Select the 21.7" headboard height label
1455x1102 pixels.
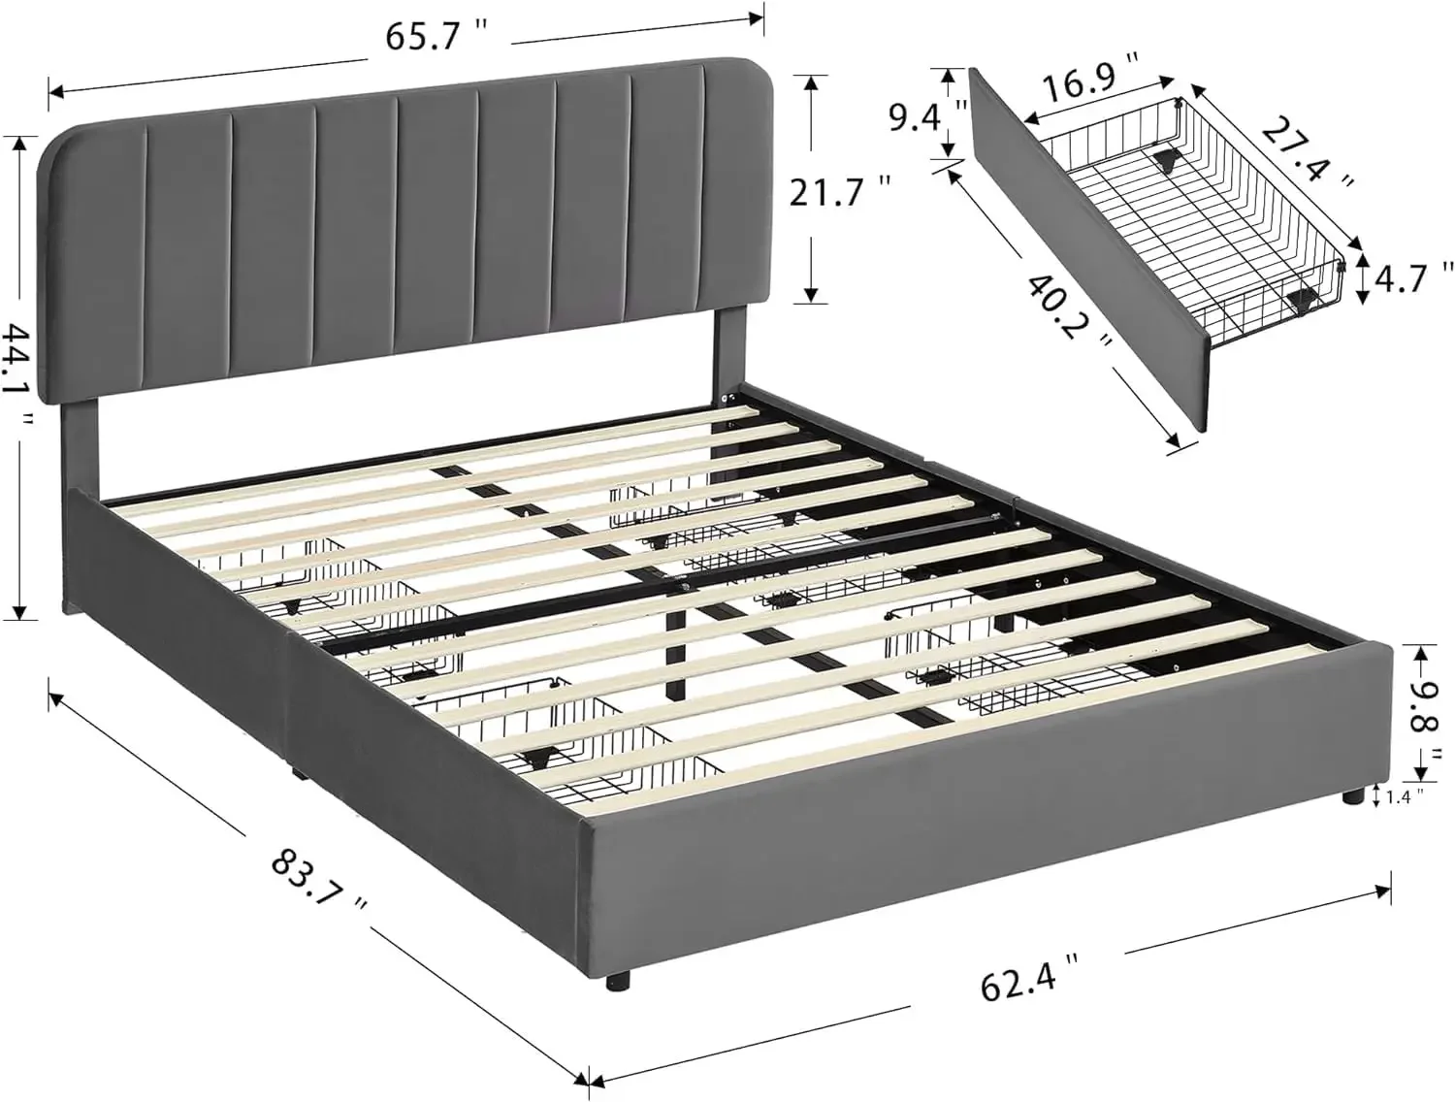pos(838,192)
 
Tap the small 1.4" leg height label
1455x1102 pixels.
pos(1406,796)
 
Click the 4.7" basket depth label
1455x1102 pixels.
pos(1417,278)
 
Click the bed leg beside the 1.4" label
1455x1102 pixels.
pos(1349,798)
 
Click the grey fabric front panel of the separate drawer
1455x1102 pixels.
pos(1086,252)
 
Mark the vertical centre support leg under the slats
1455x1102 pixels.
pos(676,650)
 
